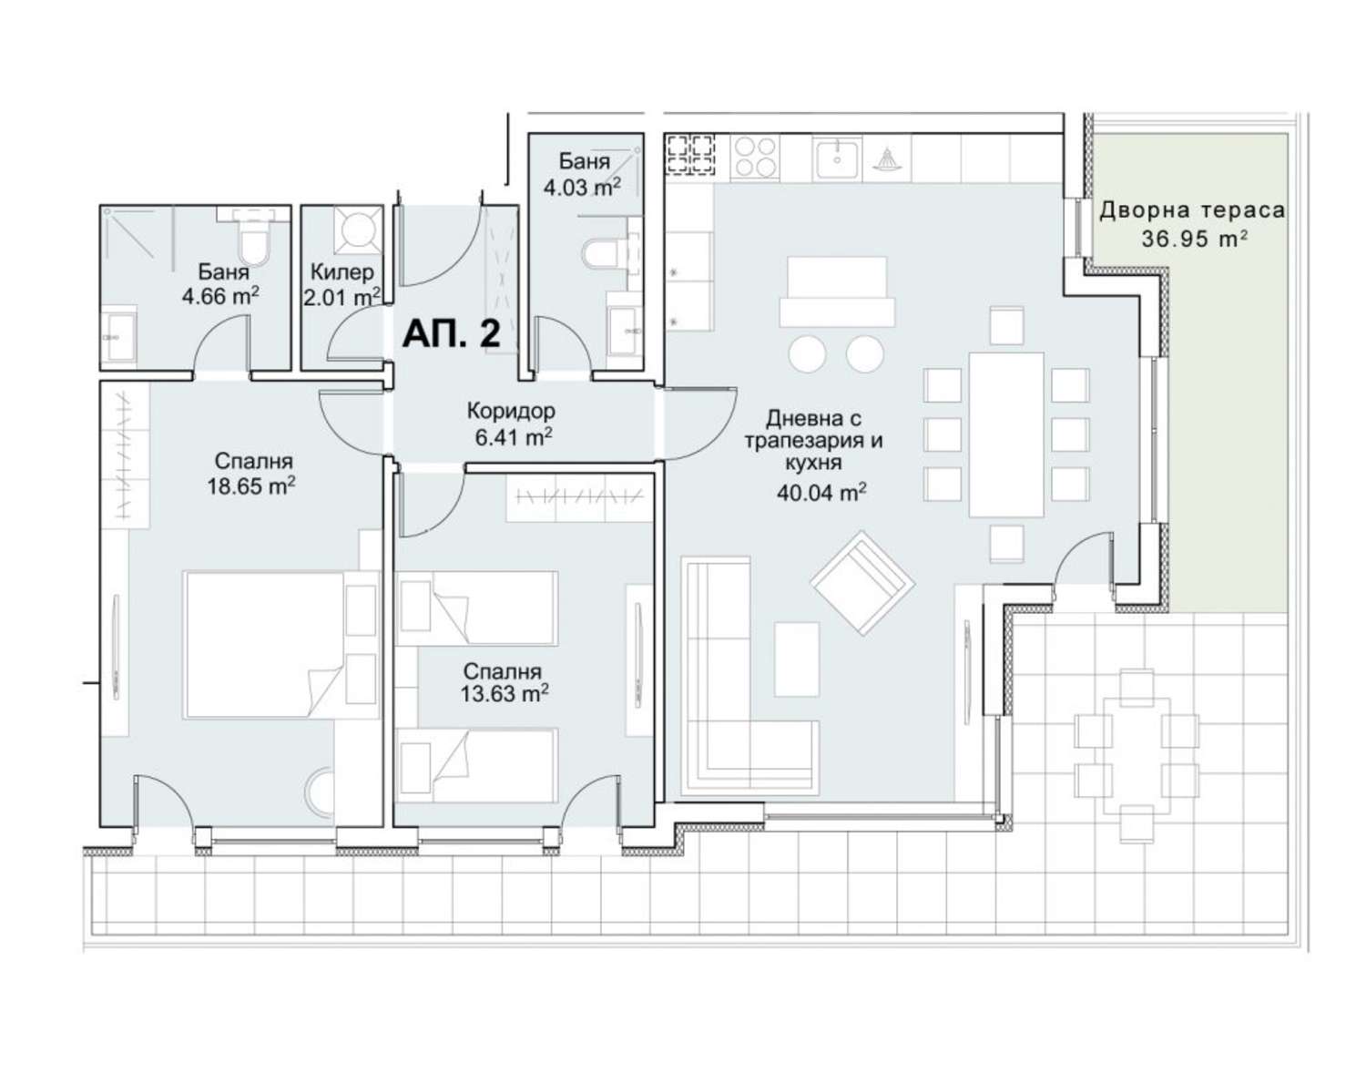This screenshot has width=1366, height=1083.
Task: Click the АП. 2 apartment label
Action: point(452,334)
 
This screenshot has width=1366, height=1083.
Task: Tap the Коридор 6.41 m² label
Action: point(512,424)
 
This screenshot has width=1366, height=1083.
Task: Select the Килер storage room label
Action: point(342,272)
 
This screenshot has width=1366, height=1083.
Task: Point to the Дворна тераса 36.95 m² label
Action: point(1193,224)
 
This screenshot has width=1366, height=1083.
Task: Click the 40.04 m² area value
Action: point(821,492)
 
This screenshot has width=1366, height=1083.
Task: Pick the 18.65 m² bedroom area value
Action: point(250,486)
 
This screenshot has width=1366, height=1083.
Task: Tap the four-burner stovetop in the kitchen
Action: point(755,157)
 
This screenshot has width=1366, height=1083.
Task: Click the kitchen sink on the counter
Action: point(837,158)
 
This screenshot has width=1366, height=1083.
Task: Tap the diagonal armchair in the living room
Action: point(862,583)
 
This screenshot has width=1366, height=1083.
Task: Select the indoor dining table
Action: point(1006,434)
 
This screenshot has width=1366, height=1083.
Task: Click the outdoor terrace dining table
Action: point(1137,755)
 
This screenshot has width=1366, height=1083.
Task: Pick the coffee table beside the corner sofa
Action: point(797,659)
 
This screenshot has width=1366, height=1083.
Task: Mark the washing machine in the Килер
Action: point(359,228)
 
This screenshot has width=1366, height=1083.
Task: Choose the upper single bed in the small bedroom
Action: point(476,608)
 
